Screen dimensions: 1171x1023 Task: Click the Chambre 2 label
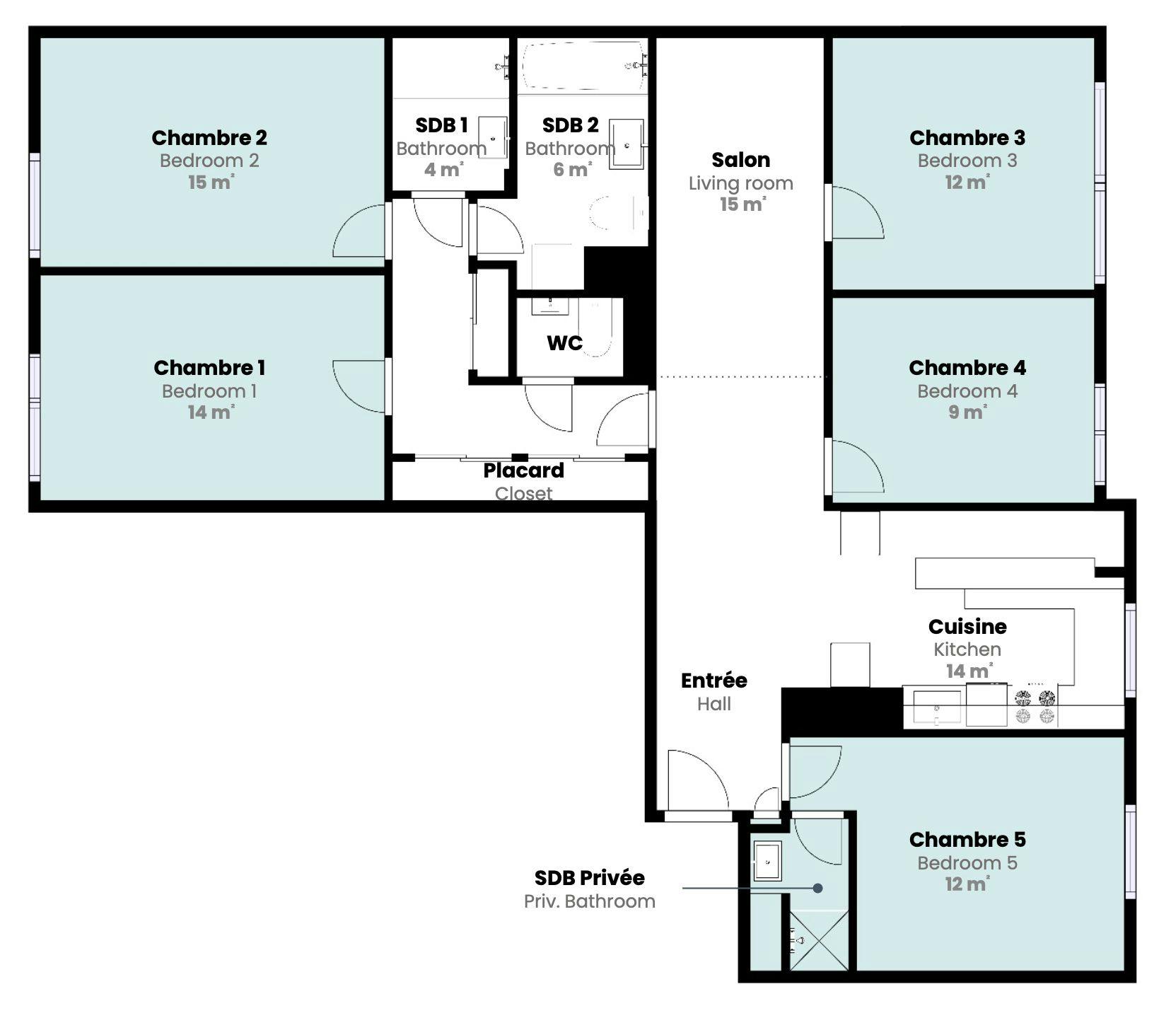pos(209,137)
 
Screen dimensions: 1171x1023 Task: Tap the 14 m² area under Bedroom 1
pos(210,412)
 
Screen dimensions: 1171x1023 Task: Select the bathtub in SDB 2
pos(583,66)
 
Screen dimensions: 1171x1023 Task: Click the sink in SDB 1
pos(492,137)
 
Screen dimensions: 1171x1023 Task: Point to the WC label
pos(564,343)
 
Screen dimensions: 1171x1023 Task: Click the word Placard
pos(523,470)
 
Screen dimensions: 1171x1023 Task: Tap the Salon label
pos(740,160)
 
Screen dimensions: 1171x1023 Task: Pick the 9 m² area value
pos(967,412)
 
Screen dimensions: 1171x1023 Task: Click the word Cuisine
pos(967,627)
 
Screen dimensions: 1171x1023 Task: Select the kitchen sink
pos(936,707)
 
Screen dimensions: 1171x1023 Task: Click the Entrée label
pos(713,681)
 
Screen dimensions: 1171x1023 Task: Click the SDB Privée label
pos(589,878)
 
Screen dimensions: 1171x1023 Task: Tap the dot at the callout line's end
pos(817,888)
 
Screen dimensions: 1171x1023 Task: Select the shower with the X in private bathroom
pos(818,940)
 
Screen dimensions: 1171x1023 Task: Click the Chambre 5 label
pos(967,840)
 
